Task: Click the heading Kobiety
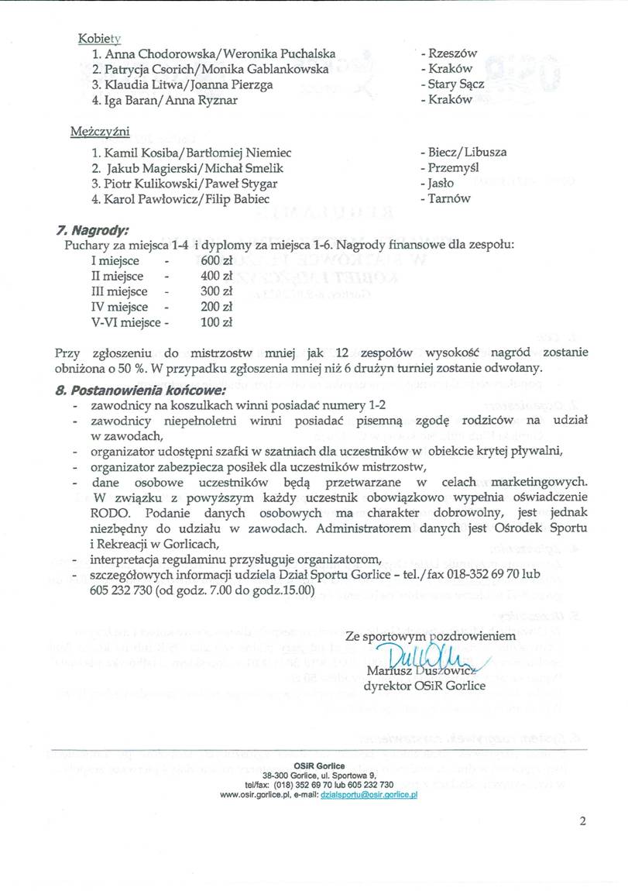100,38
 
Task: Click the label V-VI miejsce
125,322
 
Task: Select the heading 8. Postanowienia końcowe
141,390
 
